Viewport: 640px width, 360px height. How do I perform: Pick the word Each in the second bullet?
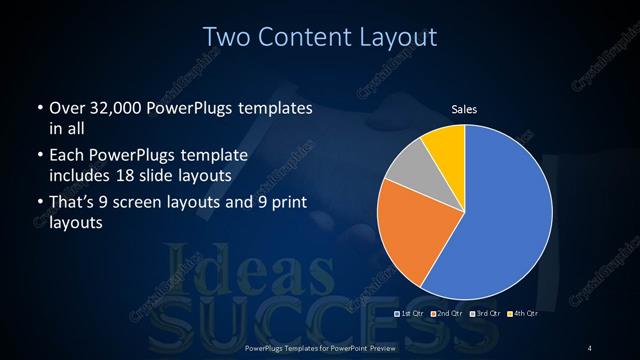pos(67,157)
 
